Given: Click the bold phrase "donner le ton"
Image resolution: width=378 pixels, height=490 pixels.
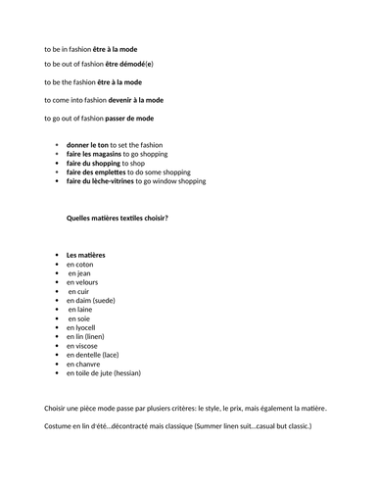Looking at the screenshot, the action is (88, 145).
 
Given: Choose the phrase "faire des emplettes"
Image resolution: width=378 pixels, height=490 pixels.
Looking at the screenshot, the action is (100, 172).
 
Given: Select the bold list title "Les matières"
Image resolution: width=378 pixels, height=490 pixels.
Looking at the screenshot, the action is (86, 255).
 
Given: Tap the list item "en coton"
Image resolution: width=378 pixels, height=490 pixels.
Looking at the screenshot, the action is (80, 265).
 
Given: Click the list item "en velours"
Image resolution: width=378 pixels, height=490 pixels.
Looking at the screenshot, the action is (83, 282).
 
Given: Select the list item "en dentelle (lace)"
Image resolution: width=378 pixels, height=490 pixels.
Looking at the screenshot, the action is (96, 355).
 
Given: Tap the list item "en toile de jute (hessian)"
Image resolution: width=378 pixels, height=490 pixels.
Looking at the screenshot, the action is (104, 372).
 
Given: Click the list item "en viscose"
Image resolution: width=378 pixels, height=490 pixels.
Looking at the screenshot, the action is (83, 346).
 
